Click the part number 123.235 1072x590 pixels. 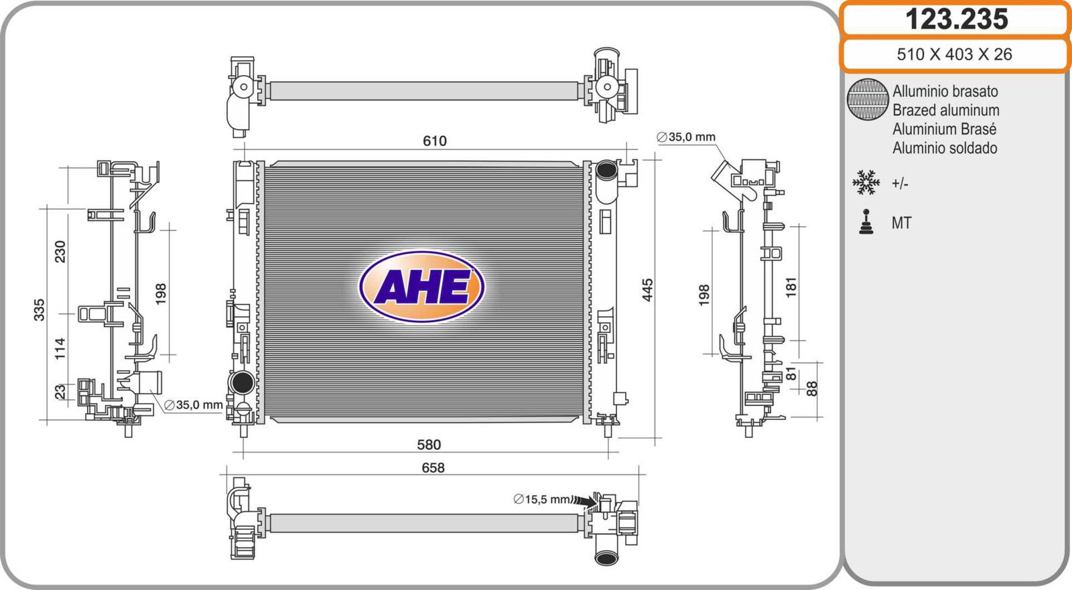tap(956, 19)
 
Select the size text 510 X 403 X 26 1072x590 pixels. tap(954, 54)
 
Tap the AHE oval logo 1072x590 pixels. tap(421, 287)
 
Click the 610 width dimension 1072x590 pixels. tap(435, 141)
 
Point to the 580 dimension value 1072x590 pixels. tap(429, 445)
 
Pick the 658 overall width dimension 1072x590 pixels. tap(433, 467)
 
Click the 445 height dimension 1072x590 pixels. tap(647, 290)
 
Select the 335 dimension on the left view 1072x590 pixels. tap(40, 309)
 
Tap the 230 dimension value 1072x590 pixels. tap(60, 252)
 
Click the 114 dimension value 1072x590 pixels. tap(60, 349)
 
